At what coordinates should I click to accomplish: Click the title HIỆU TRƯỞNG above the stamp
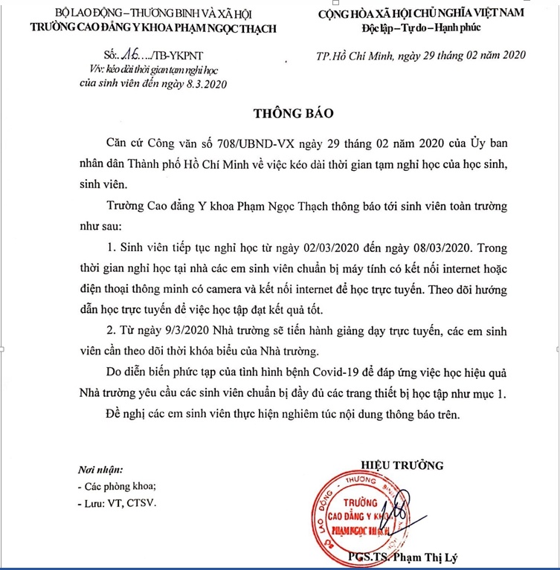(x=401, y=466)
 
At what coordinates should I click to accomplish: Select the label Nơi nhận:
(x=101, y=470)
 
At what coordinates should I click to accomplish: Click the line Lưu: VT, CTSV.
(x=118, y=503)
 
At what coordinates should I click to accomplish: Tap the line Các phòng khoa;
(x=118, y=487)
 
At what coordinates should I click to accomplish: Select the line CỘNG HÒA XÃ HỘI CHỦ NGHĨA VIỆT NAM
(x=421, y=13)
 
